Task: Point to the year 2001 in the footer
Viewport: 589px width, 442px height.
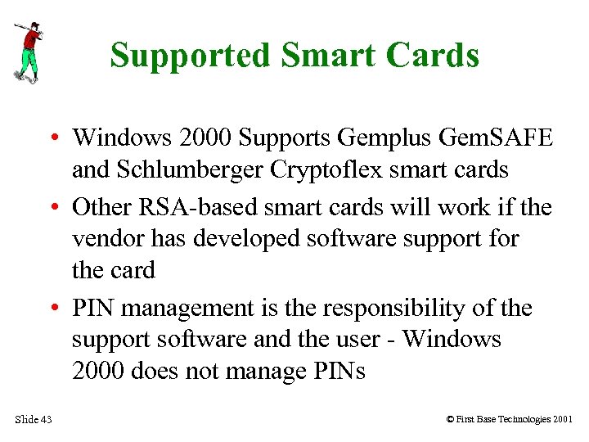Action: (562, 420)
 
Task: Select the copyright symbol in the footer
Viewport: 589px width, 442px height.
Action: (450, 420)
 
